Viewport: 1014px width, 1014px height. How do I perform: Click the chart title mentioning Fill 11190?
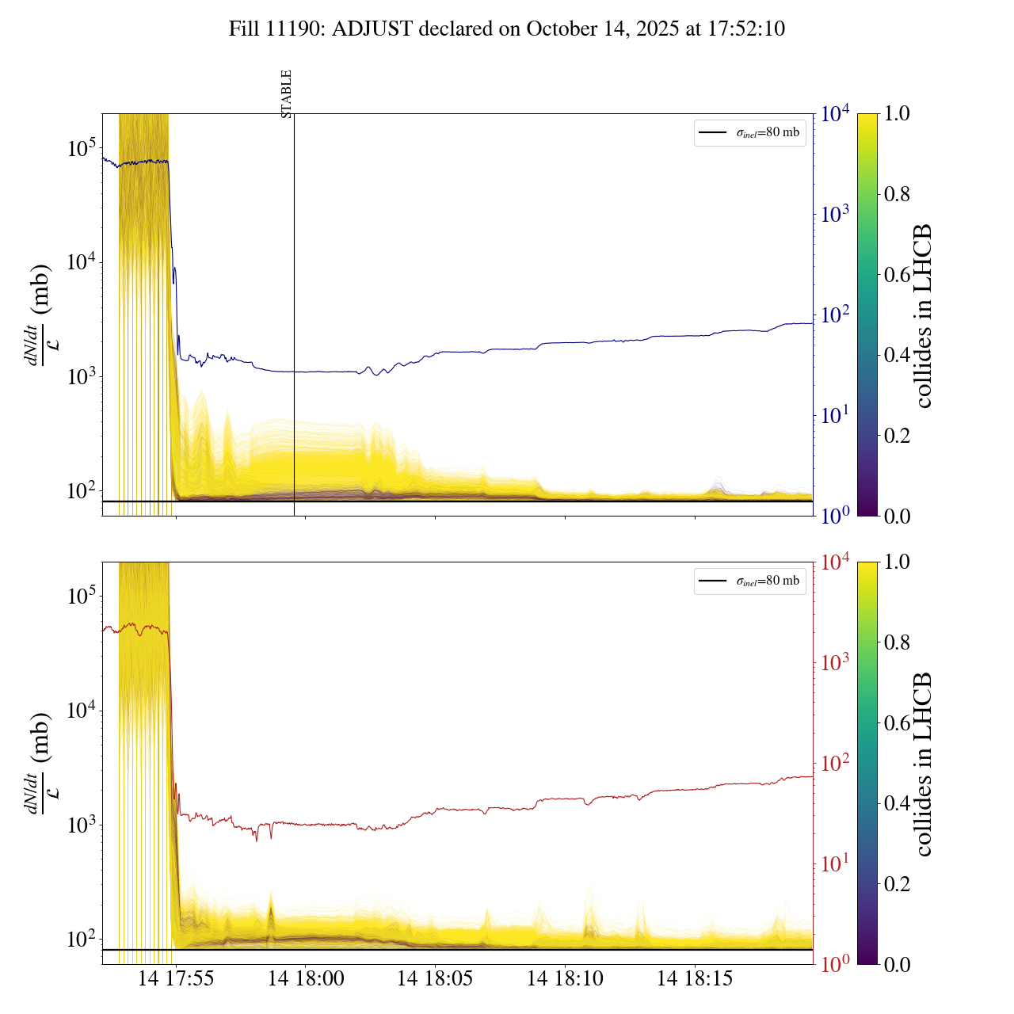(x=507, y=29)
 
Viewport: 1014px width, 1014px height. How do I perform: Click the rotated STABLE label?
(x=287, y=93)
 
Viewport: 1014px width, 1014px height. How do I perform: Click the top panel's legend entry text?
(x=768, y=132)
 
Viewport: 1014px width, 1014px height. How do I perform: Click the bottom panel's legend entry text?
(x=768, y=581)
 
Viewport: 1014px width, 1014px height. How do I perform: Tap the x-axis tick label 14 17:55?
(x=176, y=979)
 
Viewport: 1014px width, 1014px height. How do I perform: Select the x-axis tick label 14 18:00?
(x=306, y=979)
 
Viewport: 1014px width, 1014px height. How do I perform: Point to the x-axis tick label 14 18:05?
(x=435, y=979)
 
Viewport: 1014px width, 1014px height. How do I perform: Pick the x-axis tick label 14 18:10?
(x=565, y=979)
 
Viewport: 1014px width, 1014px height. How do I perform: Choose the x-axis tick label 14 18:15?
(x=695, y=979)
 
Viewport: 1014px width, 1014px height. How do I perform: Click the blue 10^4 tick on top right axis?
(x=835, y=114)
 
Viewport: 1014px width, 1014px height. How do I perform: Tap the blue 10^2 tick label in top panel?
(x=835, y=314)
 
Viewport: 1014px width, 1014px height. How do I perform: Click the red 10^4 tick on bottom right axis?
(x=835, y=562)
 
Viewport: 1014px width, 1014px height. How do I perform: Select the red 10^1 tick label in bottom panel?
(x=835, y=863)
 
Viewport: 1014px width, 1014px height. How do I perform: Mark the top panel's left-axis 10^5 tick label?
(x=82, y=148)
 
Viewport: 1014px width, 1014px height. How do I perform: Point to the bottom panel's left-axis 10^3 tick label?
(x=82, y=825)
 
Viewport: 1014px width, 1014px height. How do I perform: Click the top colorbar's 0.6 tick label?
(x=897, y=274)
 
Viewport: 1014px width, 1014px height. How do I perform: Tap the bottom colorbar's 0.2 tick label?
(x=897, y=883)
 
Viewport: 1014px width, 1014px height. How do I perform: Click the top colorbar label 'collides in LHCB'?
(x=922, y=315)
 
